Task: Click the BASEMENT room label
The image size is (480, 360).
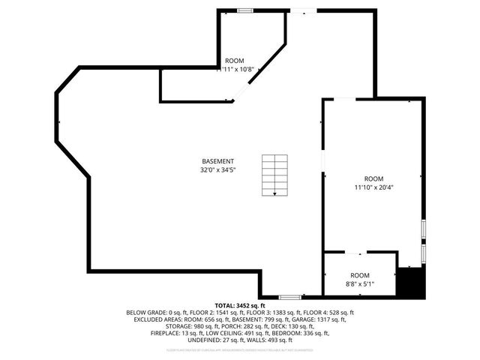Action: click(217, 161)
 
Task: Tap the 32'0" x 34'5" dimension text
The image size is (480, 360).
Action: click(217, 170)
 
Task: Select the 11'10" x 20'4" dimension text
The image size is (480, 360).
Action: click(374, 187)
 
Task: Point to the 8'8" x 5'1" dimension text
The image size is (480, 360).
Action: click(360, 284)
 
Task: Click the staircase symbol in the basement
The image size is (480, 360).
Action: click(274, 175)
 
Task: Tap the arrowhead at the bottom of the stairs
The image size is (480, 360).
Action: click(274, 193)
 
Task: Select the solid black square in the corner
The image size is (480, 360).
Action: click(410, 283)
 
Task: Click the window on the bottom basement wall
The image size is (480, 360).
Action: click(290, 297)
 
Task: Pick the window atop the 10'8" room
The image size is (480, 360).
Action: click(244, 10)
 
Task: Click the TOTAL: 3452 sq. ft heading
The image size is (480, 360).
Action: click(240, 306)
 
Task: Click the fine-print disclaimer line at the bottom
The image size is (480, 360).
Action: click(240, 349)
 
